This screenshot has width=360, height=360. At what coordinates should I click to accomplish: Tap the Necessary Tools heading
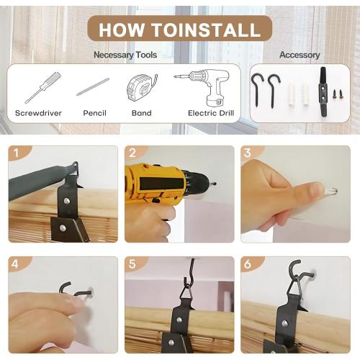click(x=125, y=55)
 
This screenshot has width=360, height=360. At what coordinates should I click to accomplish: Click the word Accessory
click(x=300, y=55)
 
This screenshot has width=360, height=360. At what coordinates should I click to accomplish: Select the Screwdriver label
click(x=38, y=113)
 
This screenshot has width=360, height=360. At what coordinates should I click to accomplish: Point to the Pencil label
click(x=94, y=113)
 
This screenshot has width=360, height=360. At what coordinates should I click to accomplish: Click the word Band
click(x=142, y=113)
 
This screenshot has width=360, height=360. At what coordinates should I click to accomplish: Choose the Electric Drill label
click(x=211, y=113)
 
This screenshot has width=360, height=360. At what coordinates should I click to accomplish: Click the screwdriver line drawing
click(x=43, y=87)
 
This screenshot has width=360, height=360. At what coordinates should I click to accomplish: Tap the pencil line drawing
click(x=93, y=86)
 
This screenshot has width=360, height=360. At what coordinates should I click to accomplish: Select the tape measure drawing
click(x=142, y=88)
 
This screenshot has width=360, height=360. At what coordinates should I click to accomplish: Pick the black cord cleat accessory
click(x=323, y=91)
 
